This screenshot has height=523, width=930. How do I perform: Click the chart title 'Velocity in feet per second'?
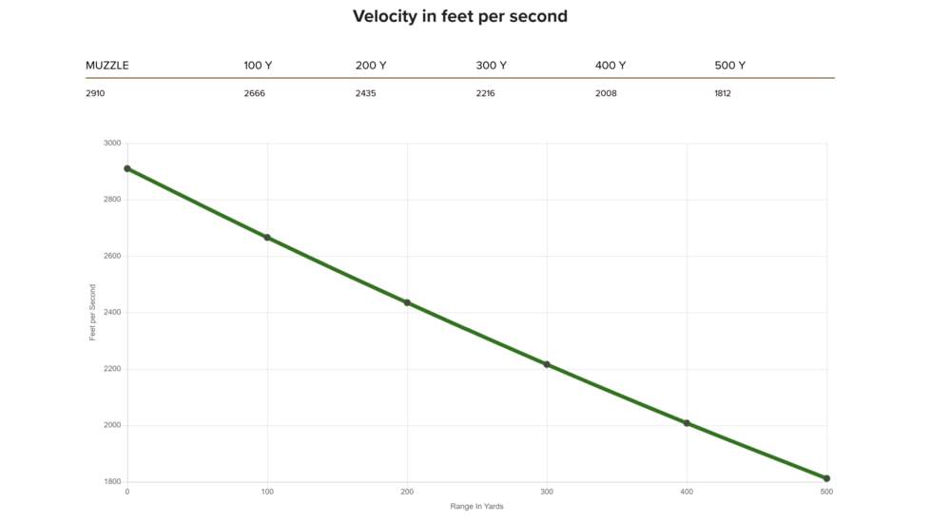460,16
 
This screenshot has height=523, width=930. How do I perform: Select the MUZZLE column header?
107,66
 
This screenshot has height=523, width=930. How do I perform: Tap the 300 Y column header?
491,66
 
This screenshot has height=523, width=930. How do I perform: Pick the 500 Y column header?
729,66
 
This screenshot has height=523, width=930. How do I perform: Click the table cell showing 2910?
95,93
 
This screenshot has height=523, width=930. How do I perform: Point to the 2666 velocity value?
254,93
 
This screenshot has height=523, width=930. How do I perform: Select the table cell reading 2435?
365,93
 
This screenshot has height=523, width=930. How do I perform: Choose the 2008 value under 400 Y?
606,93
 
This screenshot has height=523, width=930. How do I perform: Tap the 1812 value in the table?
723,93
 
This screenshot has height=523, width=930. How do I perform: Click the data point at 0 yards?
127,168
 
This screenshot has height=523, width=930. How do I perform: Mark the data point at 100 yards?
267,238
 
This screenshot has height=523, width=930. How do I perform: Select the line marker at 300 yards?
547,364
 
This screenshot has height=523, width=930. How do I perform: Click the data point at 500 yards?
826,478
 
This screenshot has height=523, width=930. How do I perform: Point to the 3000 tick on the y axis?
112,144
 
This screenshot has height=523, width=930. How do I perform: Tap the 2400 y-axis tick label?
112,313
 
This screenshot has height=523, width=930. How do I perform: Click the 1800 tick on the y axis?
112,482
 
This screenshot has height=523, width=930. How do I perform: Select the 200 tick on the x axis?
407,492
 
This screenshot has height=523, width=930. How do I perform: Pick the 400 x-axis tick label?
687,492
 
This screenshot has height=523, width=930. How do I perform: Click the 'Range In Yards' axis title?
476,507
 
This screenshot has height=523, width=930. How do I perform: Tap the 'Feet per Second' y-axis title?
93,313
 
